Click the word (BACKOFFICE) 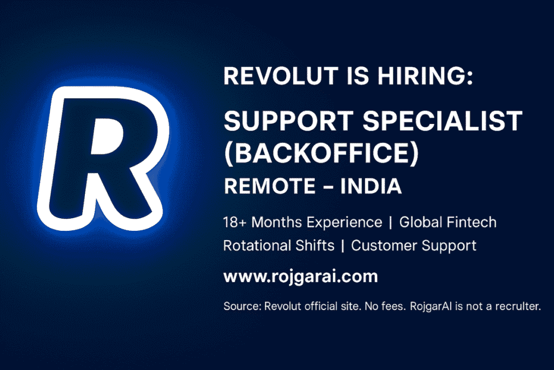(321, 154)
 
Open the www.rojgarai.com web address (300, 276)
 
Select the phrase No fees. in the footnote (386, 307)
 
